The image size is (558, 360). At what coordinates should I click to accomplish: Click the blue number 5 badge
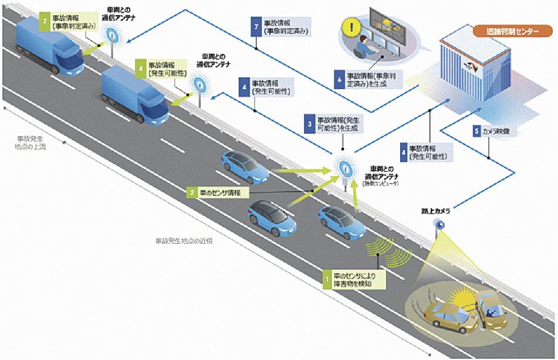tap(476, 131)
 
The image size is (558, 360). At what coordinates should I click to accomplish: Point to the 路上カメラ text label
tap(434, 209)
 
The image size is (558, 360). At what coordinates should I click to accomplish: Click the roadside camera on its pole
tap(438, 224)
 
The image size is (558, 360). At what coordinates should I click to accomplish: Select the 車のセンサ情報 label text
tap(224, 192)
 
